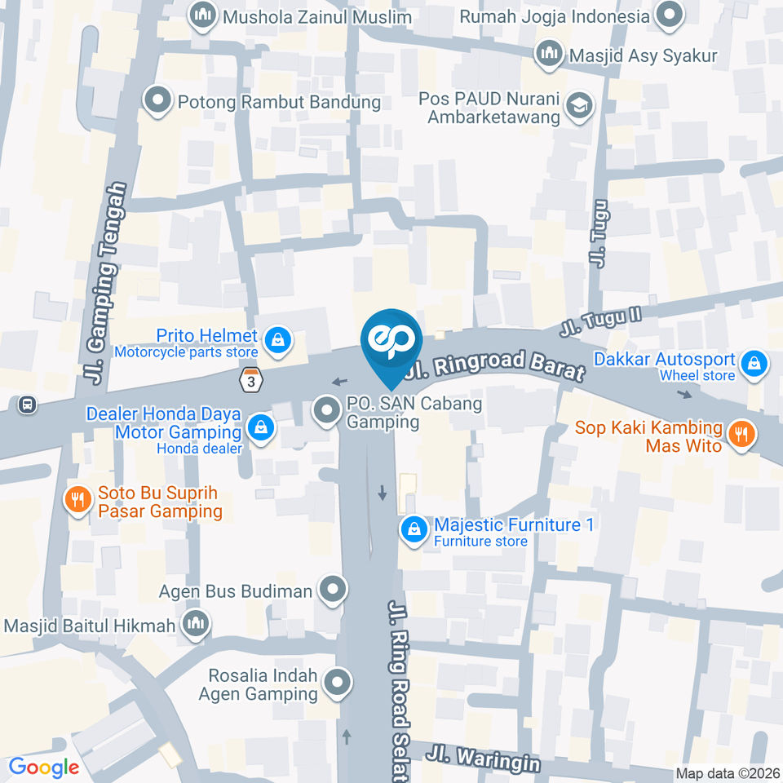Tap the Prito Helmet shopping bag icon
278,339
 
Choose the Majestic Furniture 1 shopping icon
415,529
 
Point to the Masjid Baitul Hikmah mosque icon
196,624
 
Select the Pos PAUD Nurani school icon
580,106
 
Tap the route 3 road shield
252,379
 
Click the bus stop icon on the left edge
29,404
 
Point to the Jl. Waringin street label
487,757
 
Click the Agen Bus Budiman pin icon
332,591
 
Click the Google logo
43,767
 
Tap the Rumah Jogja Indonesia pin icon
670,15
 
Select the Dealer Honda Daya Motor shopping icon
261,427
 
